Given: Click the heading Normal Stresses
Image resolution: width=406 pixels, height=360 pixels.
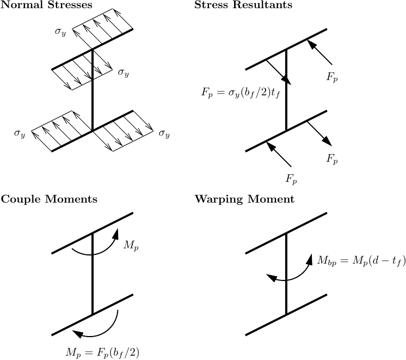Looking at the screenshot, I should (x=46, y=5).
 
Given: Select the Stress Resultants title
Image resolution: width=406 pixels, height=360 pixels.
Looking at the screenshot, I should (x=243, y=5).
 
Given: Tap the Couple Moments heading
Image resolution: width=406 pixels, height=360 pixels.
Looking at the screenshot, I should (x=49, y=199).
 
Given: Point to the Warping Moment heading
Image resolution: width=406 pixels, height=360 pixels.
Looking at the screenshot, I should (x=244, y=199).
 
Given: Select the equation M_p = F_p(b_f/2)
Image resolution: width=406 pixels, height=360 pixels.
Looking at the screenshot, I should (x=102, y=352).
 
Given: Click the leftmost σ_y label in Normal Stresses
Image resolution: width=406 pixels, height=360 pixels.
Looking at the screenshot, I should (x=20, y=133).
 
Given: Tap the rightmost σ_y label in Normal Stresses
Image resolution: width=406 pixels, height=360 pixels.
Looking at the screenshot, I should (x=164, y=133).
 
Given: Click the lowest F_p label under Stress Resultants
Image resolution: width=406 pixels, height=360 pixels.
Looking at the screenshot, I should (x=291, y=179).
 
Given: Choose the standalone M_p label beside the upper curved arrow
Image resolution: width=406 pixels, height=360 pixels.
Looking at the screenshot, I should (x=131, y=246).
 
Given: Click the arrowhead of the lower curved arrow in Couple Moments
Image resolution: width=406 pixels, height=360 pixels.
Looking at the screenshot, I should (x=77, y=334).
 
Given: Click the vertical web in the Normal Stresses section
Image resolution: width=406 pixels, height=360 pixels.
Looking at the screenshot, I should (x=93, y=90).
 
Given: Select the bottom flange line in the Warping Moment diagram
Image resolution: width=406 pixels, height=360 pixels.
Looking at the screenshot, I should (x=286, y=314).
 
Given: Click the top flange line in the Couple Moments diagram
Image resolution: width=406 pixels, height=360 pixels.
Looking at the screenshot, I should (x=93, y=233).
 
